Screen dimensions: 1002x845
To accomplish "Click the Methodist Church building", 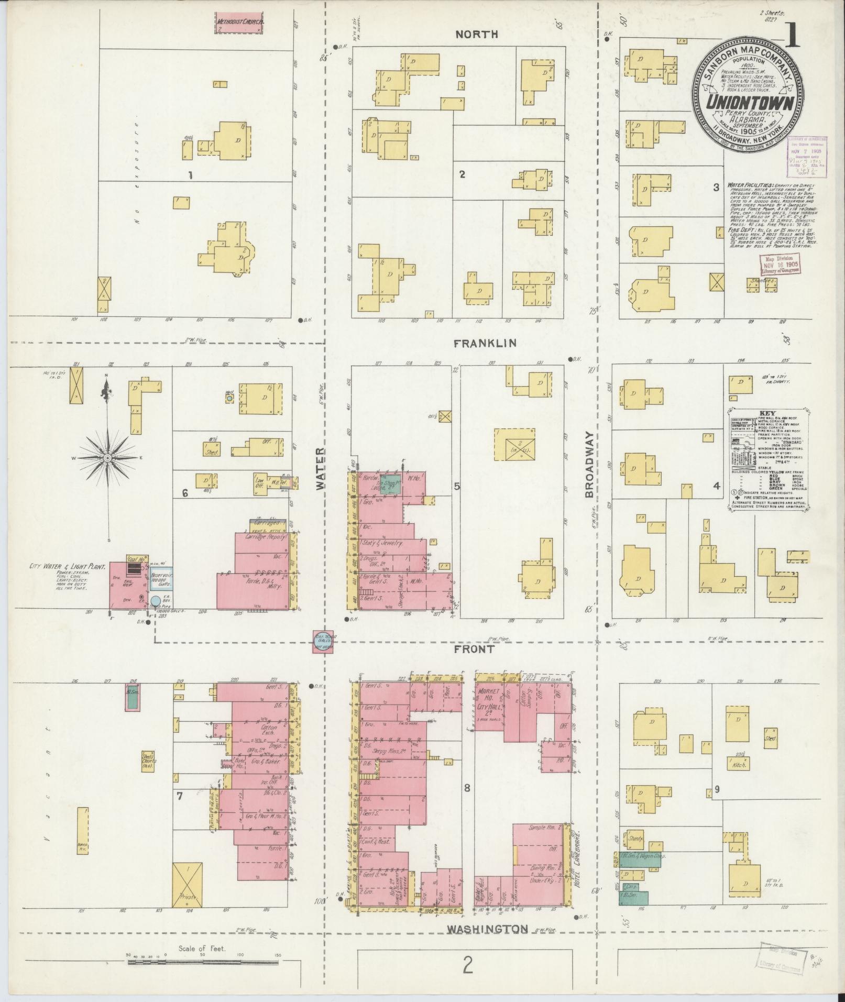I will point(240,23).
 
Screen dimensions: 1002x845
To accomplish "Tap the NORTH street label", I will point(476,35).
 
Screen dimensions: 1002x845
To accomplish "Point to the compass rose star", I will point(107,458).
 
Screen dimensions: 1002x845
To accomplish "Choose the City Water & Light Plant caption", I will point(69,566).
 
